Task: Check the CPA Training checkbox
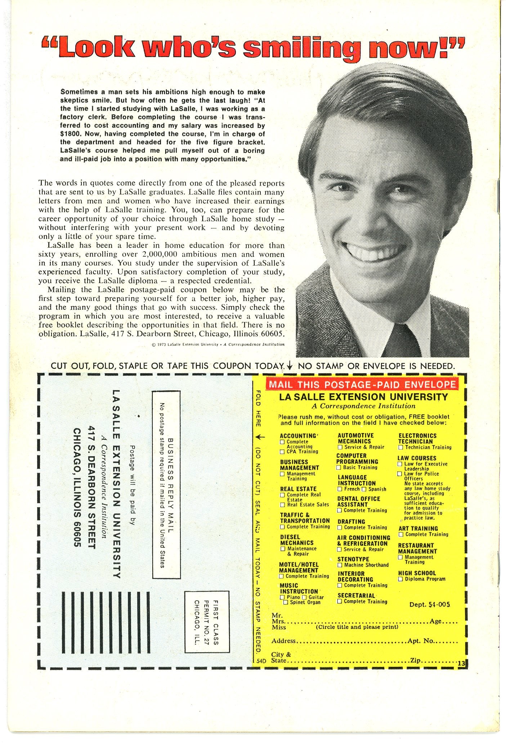283,452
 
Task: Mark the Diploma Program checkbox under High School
400,579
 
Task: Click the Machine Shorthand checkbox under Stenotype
340,565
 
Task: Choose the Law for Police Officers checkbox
399,474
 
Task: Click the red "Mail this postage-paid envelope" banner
362,384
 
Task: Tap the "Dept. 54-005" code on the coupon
430,605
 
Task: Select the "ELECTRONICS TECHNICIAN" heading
417,438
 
